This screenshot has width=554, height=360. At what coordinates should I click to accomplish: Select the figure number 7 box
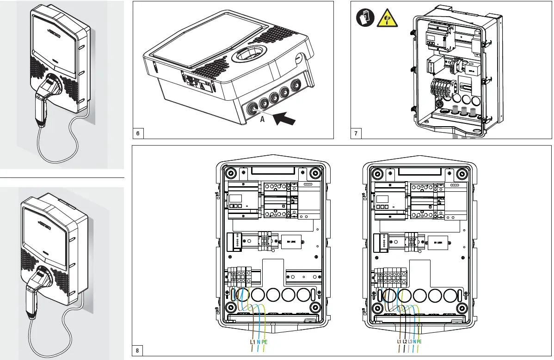click(356, 134)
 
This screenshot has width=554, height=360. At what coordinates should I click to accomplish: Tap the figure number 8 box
click(137, 350)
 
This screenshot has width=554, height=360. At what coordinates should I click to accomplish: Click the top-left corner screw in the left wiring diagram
click(230, 173)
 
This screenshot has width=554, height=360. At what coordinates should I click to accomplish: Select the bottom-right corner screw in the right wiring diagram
click(462, 308)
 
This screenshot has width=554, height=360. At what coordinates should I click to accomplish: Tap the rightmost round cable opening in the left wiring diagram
click(304, 294)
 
